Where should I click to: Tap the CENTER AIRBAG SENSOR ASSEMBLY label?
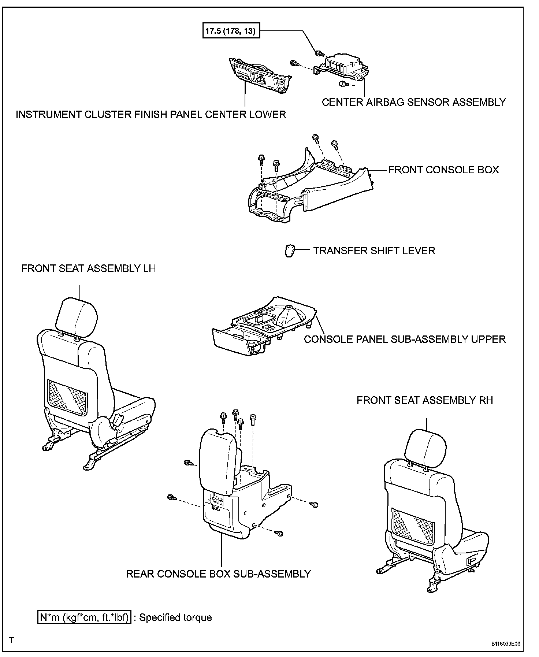414,102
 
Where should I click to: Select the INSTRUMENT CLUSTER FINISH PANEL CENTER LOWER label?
150,114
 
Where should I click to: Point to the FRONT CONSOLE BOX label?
443,170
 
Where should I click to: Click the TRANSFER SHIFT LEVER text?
374,251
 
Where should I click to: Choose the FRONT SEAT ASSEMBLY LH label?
88,268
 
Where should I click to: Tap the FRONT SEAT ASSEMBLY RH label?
425,400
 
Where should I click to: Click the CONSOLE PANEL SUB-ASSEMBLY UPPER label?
405,339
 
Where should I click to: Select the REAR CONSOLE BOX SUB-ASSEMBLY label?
218,574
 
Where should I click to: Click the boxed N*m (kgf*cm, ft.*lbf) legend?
84,617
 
